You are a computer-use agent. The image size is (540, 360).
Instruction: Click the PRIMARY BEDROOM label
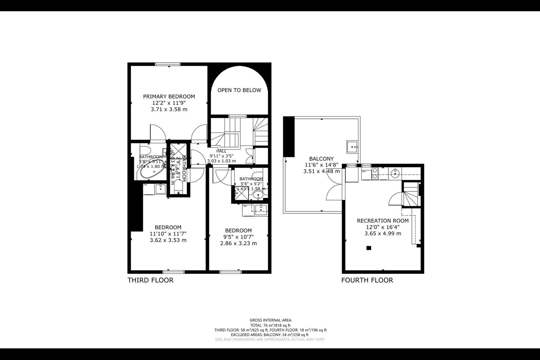click(x=169, y=96)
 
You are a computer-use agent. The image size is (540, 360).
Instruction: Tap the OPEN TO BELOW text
click(x=239, y=90)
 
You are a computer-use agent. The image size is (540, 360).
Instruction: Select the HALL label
click(x=221, y=151)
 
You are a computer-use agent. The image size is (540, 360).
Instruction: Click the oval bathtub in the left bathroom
click(x=151, y=172)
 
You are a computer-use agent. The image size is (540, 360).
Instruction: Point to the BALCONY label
click(x=321, y=159)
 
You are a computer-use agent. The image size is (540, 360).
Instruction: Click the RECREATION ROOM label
click(x=382, y=220)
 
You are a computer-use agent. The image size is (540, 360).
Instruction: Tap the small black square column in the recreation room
click(x=369, y=248)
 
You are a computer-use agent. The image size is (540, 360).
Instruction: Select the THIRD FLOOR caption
click(x=150, y=280)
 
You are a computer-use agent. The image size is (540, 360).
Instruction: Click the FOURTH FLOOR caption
click(x=367, y=280)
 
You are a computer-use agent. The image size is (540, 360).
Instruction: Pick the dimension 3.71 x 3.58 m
click(x=169, y=109)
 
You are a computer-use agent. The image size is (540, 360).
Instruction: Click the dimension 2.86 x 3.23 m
click(x=238, y=243)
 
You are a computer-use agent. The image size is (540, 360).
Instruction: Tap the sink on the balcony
click(x=352, y=146)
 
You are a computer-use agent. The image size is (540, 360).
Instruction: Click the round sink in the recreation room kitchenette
click(x=394, y=173)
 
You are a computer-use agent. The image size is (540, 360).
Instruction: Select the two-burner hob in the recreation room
click(x=374, y=173)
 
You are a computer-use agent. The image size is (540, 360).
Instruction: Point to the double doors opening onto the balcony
click(x=335, y=187)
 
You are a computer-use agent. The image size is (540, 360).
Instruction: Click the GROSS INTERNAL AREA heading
click(x=270, y=320)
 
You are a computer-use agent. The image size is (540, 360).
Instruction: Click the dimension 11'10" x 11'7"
click(x=168, y=234)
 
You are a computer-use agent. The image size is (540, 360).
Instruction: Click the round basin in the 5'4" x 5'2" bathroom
click(x=258, y=195)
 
